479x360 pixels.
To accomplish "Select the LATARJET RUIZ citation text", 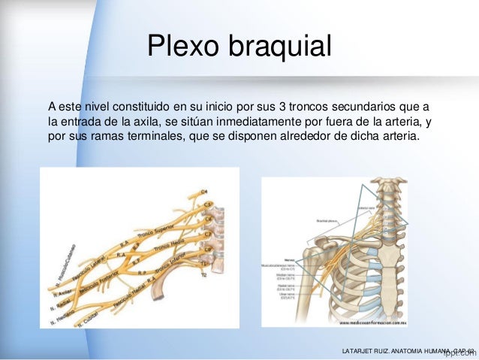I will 405,351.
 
